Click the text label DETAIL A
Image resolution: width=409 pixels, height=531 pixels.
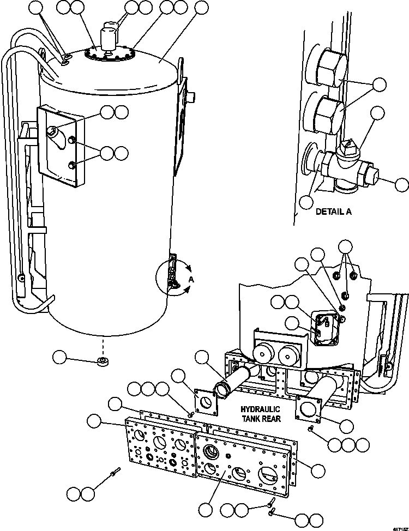pos(333,212)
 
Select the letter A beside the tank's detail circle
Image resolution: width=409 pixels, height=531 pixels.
pos(191,279)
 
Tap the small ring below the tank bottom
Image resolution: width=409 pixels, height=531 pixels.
pos(101,362)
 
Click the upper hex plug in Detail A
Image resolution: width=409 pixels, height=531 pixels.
pos(329,70)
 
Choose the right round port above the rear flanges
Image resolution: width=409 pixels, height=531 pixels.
pos(287,356)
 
